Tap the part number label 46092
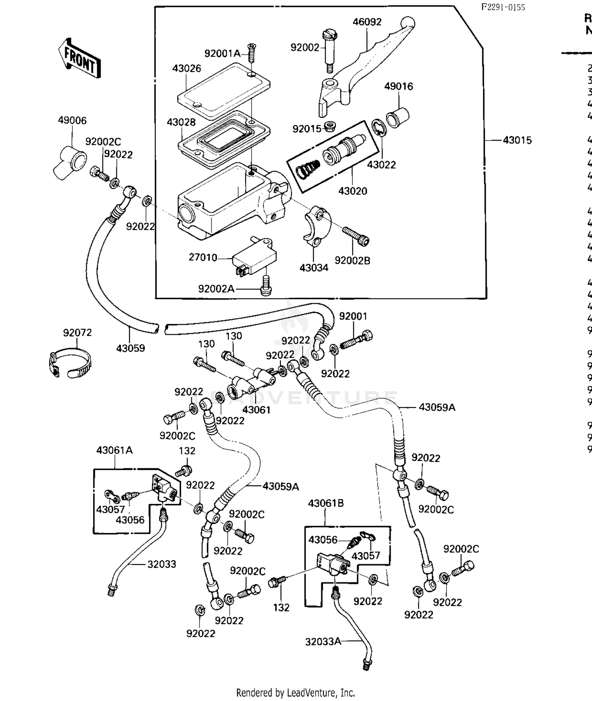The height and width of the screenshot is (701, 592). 367,22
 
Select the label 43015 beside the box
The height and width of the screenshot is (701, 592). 517,140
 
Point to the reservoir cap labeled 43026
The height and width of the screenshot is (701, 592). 224,91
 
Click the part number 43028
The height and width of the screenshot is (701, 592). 181,122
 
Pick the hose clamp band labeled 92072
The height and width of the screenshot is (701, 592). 69,362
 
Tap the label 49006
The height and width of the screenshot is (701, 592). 72,120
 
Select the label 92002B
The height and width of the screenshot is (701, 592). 352,261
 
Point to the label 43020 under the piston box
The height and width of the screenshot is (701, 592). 352,191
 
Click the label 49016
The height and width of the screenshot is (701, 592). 399,86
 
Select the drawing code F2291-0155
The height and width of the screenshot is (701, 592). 503,7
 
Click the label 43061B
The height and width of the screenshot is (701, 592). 326,503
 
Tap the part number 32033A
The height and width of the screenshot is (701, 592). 323,641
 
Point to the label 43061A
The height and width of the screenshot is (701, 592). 114,450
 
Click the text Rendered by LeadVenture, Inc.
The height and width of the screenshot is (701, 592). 296,692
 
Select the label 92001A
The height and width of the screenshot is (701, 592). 222,54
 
